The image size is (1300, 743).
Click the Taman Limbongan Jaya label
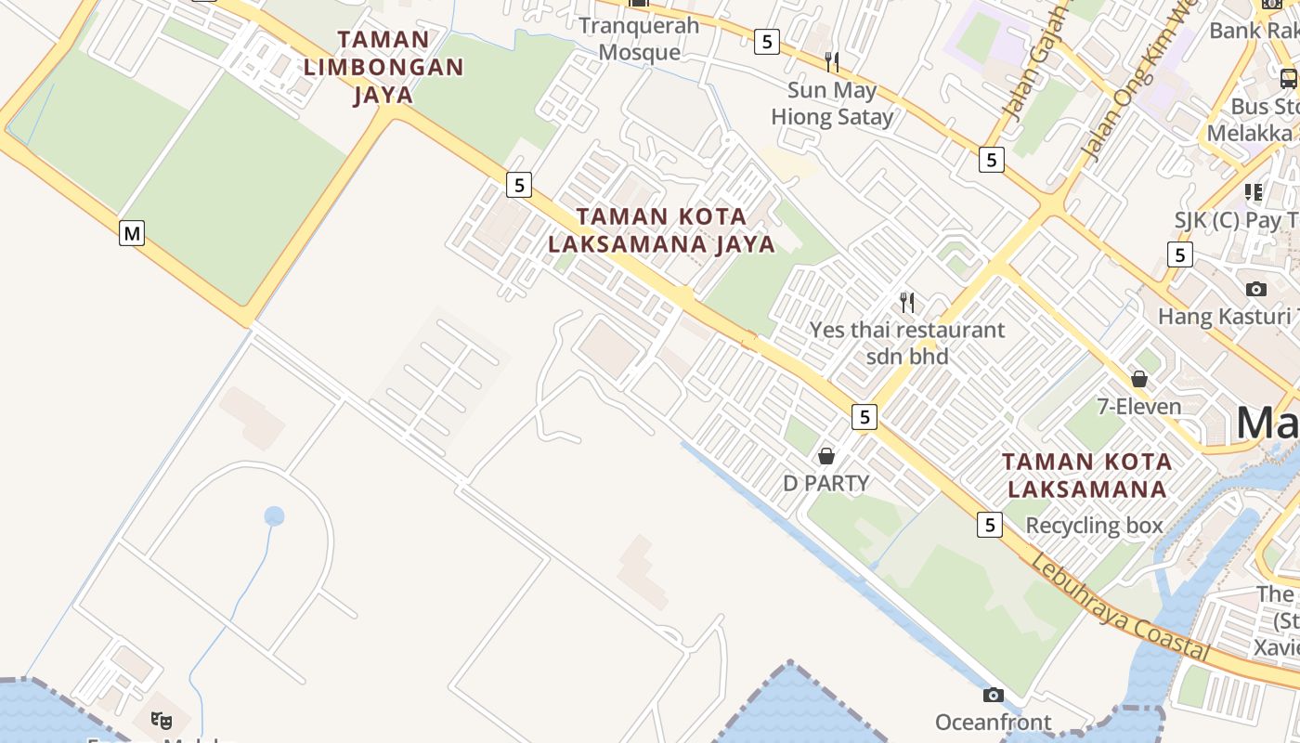pyautogui.click(x=383, y=67)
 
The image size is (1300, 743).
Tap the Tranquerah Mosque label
pyautogui.click(x=639, y=39)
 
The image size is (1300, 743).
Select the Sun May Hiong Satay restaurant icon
pyautogui.click(x=832, y=62)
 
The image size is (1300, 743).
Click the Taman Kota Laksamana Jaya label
pyautogui.click(x=661, y=230)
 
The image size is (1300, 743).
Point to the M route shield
pyautogui.click(x=132, y=233)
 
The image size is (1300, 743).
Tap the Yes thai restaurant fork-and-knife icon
pyautogui.click(x=907, y=302)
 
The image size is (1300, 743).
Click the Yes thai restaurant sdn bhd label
pyautogui.click(x=906, y=343)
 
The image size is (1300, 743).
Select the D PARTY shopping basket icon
pyautogui.click(x=826, y=456)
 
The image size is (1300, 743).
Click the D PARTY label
pyautogui.click(x=826, y=483)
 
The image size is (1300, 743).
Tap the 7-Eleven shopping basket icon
pyautogui.click(x=1139, y=379)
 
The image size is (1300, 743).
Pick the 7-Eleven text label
pyautogui.click(x=1139, y=407)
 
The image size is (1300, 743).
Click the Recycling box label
pyautogui.click(x=1094, y=526)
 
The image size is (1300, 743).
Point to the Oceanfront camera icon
pyautogui.click(x=993, y=695)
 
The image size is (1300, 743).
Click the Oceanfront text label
pyautogui.click(x=993, y=723)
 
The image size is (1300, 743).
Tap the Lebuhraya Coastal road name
pyautogui.click(x=1120, y=607)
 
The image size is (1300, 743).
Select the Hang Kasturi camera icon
pyautogui.click(x=1256, y=289)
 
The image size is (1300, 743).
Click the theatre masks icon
pyautogui.click(x=162, y=720)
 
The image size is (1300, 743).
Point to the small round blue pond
pyautogui.click(x=274, y=516)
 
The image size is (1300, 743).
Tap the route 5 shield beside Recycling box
pyautogui.click(x=990, y=525)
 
